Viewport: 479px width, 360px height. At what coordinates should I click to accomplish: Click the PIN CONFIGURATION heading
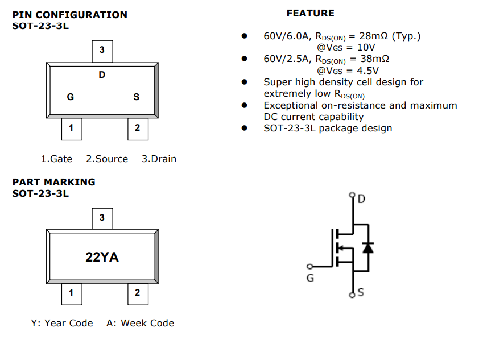click(70, 15)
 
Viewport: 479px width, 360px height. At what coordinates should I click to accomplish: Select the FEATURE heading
click(310, 13)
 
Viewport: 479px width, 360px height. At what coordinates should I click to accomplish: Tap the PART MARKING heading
click(54, 182)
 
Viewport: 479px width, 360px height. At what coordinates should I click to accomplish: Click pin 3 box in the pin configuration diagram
click(102, 51)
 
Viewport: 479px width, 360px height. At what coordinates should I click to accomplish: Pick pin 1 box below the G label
click(71, 128)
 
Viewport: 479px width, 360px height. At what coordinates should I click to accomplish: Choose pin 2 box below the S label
click(137, 128)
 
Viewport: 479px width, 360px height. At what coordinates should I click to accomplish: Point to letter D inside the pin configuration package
click(102, 75)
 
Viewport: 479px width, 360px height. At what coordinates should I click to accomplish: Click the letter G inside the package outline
click(71, 97)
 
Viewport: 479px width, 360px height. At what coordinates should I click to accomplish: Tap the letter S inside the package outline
click(136, 97)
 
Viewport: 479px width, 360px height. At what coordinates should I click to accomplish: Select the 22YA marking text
click(102, 257)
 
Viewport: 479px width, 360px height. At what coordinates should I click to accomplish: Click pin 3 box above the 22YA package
click(102, 218)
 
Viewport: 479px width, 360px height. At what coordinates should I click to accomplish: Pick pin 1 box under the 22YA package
click(71, 293)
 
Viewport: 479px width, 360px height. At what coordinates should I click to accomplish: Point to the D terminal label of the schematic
click(361, 199)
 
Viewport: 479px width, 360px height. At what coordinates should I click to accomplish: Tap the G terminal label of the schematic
click(310, 278)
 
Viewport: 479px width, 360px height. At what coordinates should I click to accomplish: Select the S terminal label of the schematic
click(361, 293)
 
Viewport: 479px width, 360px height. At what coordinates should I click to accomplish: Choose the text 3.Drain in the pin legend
click(159, 159)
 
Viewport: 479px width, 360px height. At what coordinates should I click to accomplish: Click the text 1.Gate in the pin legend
click(56, 159)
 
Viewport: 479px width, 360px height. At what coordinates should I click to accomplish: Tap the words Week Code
click(147, 323)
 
